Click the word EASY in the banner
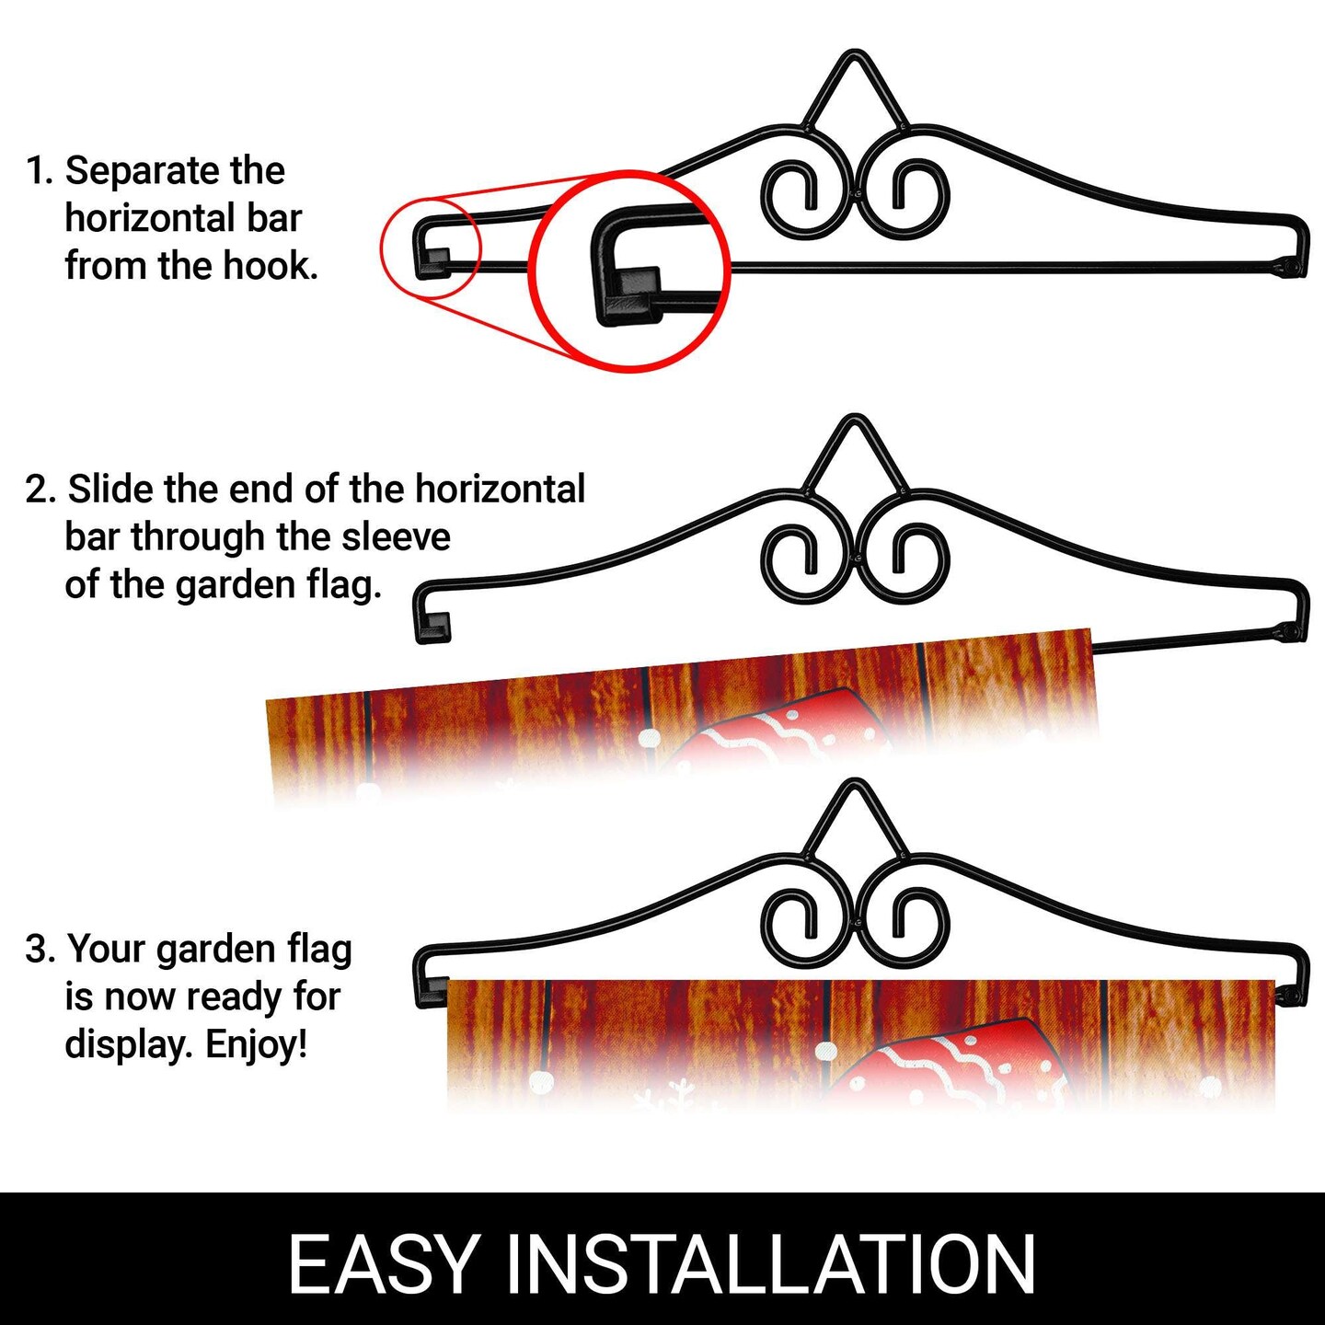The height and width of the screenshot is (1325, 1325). pyautogui.click(x=383, y=1263)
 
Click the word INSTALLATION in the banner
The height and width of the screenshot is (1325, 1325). pyautogui.click(x=771, y=1263)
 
